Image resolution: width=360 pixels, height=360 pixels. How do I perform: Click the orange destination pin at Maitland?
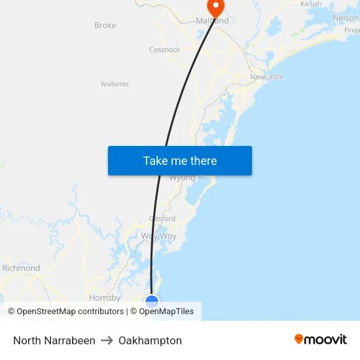[215, 7]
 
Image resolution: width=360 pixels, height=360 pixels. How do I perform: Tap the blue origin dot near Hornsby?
[152, 301]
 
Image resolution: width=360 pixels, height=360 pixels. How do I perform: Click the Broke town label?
[105, 26]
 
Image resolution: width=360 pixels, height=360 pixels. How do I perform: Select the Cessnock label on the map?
[164, 50]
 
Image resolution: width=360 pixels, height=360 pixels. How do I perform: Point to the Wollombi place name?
[115, 84]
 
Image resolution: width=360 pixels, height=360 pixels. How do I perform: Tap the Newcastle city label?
[267, 77]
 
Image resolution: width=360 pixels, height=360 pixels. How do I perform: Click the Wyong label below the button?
[182, 177]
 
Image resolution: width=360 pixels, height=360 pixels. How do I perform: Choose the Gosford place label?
[162, 219]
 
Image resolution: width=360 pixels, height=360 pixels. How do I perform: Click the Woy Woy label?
[158, 236]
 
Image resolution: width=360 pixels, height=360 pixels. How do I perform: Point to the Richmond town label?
[21, 268]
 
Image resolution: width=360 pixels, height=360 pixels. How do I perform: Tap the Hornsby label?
[105, 298]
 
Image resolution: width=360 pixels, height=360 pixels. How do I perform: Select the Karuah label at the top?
[311, 4]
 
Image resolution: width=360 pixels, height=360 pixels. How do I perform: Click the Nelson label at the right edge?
[346, 18]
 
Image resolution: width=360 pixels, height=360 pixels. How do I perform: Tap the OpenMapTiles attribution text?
[166, 312]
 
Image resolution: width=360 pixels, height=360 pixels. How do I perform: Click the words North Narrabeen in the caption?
[54, 340]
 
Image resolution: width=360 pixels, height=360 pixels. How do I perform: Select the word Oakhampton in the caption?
[150, 340]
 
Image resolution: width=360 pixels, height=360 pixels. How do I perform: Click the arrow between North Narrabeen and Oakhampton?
[107, 340]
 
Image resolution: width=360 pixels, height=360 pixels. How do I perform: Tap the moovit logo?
[321, 339]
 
